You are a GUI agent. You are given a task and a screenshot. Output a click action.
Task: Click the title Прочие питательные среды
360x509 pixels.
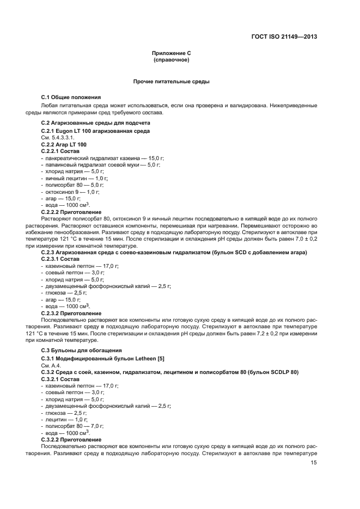[172, 81]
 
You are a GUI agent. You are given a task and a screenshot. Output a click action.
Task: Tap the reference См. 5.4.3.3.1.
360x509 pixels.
[57, 138]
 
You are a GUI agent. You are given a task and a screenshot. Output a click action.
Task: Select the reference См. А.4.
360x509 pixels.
[50, 365]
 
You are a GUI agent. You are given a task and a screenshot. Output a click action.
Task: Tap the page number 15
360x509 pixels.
[314, 463]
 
